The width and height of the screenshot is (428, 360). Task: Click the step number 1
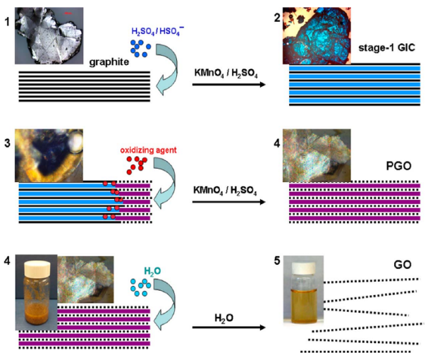[x=7, y=13]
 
